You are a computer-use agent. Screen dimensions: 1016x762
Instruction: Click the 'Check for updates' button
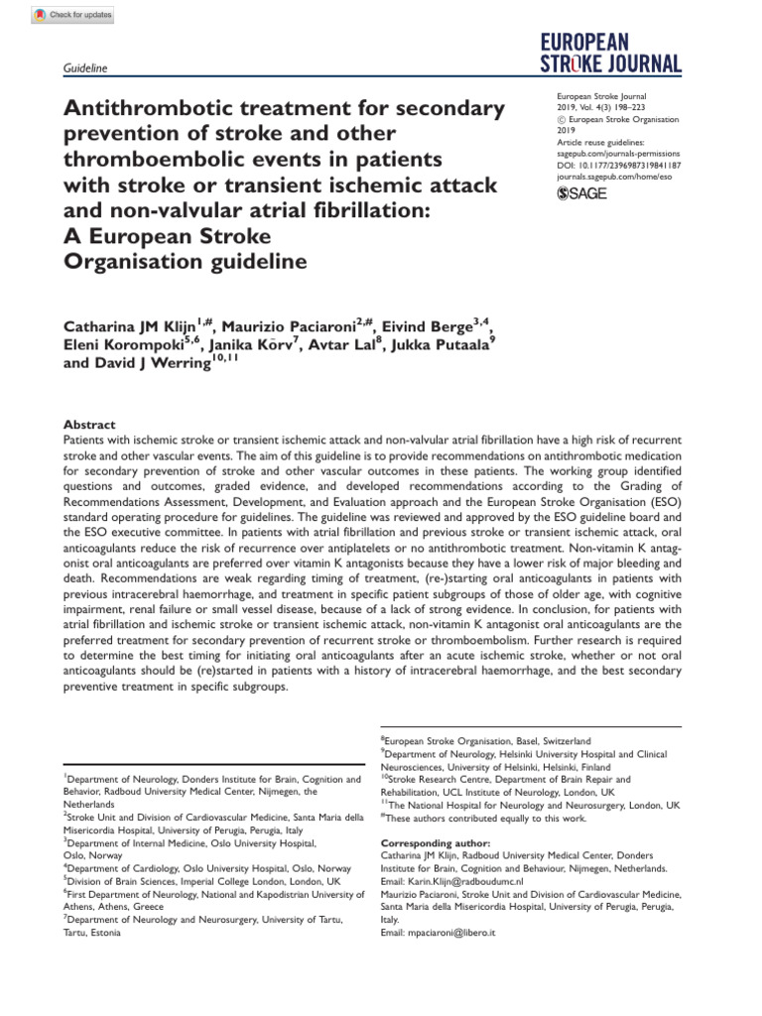[73, 15]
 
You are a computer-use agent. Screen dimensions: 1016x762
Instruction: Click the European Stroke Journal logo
[611, 54]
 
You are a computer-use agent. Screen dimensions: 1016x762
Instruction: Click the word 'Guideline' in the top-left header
[84, 67]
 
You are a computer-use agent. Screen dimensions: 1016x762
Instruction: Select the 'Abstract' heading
[89, 424]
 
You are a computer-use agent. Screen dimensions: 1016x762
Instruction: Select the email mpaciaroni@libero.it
[438, 934]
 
